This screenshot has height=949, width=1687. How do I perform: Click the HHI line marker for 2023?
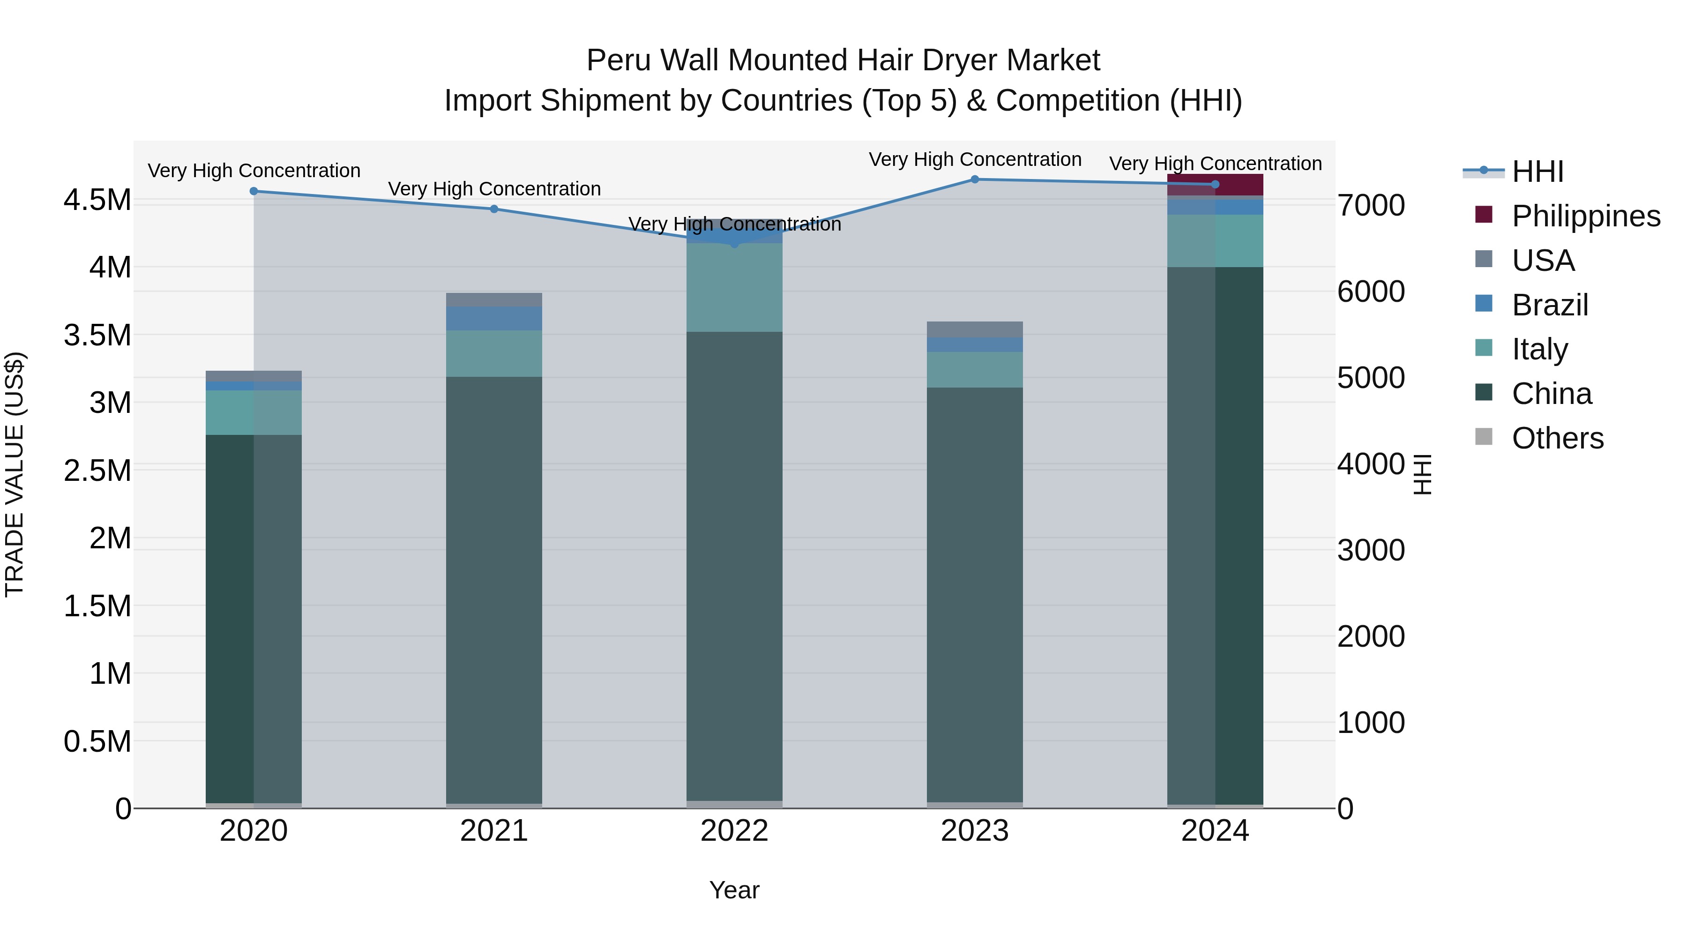(975, 179)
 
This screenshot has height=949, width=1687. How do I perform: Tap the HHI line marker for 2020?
(254, 191)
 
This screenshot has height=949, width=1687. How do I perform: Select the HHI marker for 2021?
(494, 209)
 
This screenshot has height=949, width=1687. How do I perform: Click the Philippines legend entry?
(1585, 216)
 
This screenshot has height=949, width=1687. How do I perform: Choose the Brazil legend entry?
(1550, 305)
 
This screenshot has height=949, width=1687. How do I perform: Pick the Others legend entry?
(1557, 438)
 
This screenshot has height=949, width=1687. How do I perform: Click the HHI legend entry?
(1537, 172)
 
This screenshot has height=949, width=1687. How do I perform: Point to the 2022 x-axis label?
(734, 831)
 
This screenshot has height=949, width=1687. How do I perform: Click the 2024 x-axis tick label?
(1215, 831)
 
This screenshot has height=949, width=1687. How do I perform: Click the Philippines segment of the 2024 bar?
(1215, 185)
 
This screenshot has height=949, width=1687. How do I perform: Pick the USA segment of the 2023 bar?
(975, 329)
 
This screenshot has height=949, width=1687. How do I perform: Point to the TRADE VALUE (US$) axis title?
(15, 474)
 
